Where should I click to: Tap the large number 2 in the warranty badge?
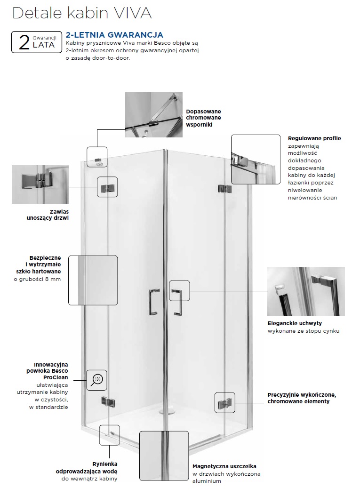[24, 41]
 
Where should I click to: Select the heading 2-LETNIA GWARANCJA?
[114, 35]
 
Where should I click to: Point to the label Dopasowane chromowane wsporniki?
[203, 118]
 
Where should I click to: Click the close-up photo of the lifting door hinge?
[40, 184]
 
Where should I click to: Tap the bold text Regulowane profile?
[314, 138]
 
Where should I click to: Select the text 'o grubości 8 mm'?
[37, 279]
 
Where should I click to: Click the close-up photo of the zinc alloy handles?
[305, 291]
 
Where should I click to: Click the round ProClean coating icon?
[97, 379]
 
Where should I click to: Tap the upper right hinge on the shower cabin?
[223, 189]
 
